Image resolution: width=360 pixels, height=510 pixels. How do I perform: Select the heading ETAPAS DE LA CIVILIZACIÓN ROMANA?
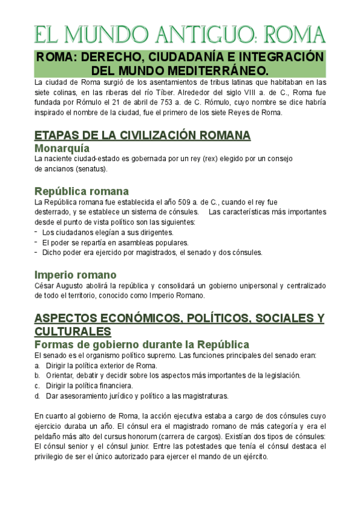pyautogui.click(x=142, y=135)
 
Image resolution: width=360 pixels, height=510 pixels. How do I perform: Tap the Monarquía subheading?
pyautogui.click(x=62, y=148)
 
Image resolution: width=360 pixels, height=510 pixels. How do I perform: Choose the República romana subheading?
pyautogui.click(x=81, y=191)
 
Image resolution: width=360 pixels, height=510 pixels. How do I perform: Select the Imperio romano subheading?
pyautogui.click(x=75, y=274)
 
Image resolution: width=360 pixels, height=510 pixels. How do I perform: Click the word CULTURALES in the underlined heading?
pyautogui.click(x=73, y=331)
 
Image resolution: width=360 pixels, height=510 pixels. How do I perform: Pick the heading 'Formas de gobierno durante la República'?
pyautogui.click(x=141, y=345)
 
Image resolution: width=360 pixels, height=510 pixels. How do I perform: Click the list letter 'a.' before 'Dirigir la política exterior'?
pyautogui.click(x=37, y=366)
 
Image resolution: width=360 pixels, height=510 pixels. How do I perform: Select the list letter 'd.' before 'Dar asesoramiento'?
pyautogui.click(x=37, y=396)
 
